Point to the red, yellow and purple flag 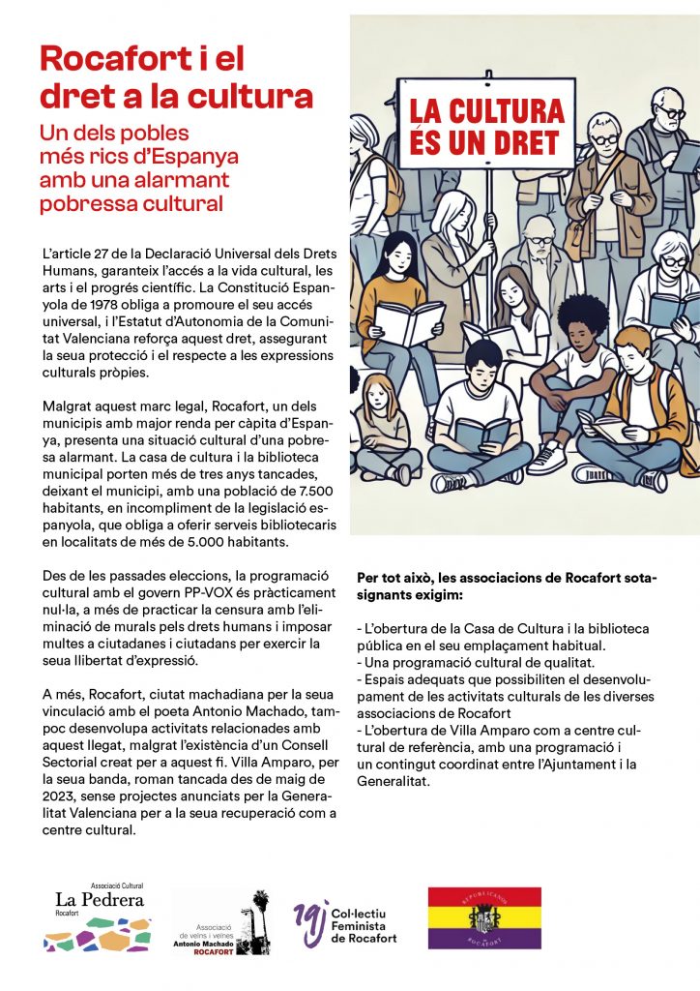(x=484, y=917)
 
